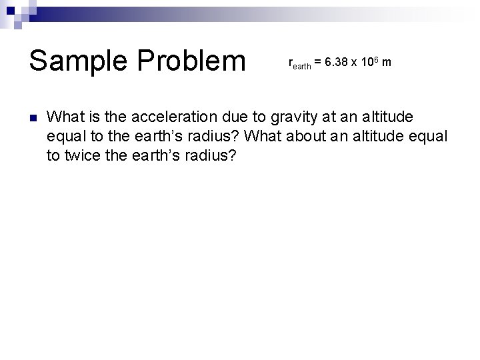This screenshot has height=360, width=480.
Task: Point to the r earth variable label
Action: tap(299, 64)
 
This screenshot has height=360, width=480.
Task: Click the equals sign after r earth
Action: tap(318, 63)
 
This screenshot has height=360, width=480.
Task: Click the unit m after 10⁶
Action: tap(387, 63)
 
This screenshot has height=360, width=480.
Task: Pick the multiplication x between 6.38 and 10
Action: tap(356, 63)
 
